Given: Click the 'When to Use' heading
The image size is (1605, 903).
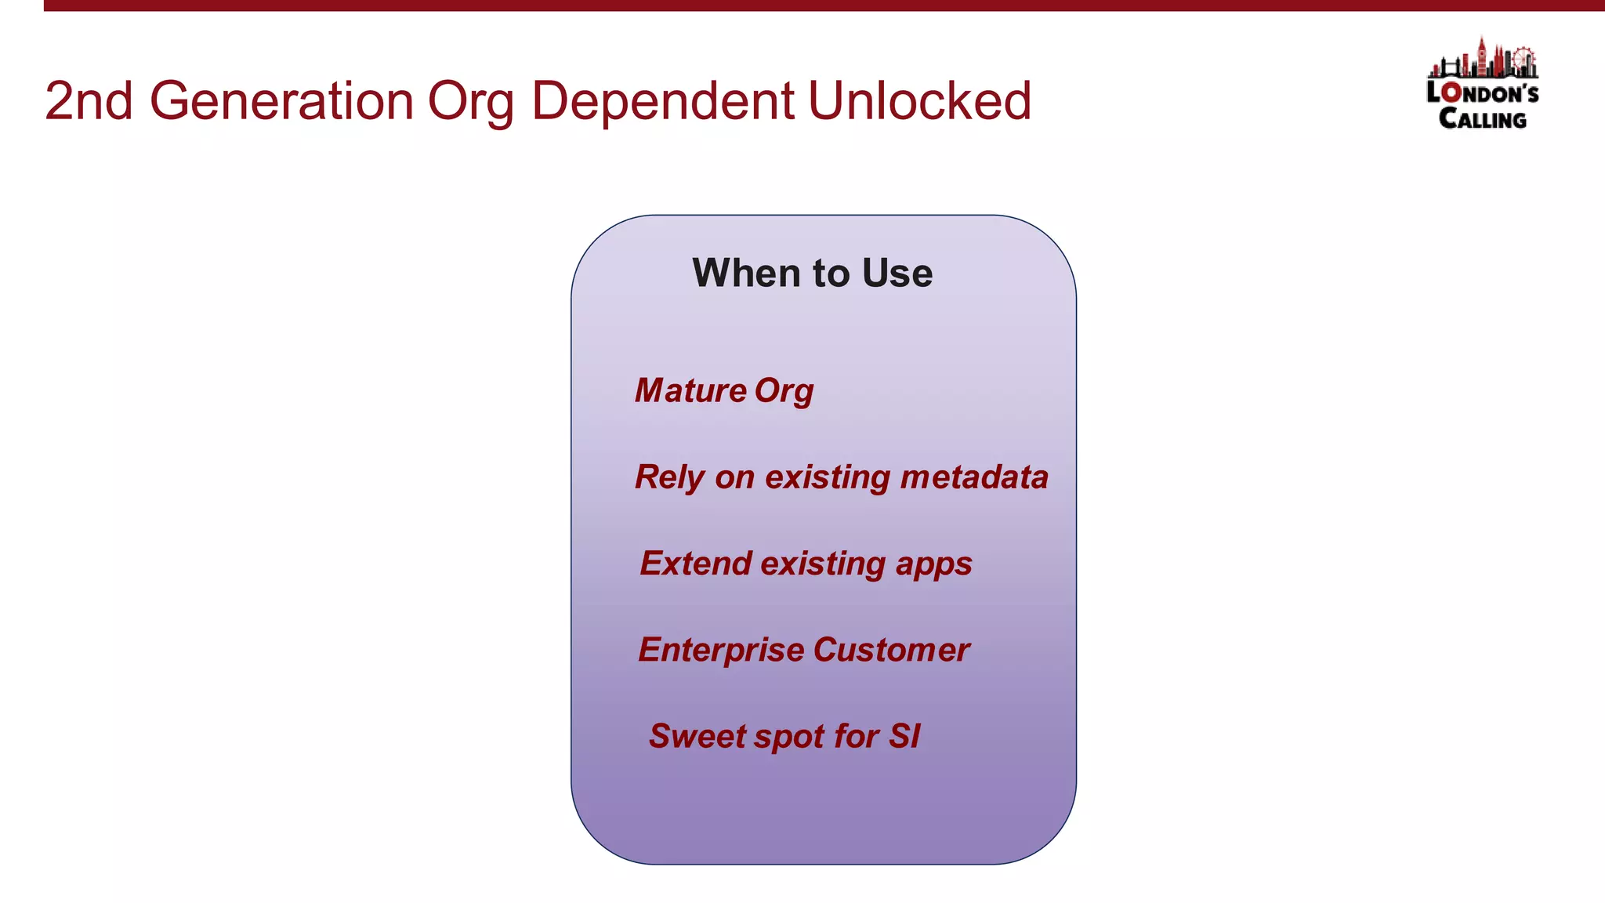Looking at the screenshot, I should pyautogui.click(x=812, y=273).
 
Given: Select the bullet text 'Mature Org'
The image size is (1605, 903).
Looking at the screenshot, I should pyautogui.click(x=724, y=390).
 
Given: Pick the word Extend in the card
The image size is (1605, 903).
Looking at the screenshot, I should pyautogui.click(x=695, y=563).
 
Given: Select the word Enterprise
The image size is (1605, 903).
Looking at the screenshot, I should pyautogui.click(x=721, y=650).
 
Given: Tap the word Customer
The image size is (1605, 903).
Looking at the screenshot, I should pyautogui.click(x=891, y=650).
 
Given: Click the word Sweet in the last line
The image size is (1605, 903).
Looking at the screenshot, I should pyautogui.click(x=696, y=736).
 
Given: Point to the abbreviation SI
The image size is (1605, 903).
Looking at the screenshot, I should pyautogui.click(x=904, y=736).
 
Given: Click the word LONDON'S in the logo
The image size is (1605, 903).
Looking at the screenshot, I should pyautogui.click(x=1482, y=93).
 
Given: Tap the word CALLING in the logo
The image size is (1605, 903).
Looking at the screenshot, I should pyautogui.click(x=1482, y=119).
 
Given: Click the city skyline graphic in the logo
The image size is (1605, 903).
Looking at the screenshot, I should pyautogui.click(x=1483, y=59).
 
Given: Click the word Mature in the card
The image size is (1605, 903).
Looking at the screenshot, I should pyautogui.click(x=690, y=390).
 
